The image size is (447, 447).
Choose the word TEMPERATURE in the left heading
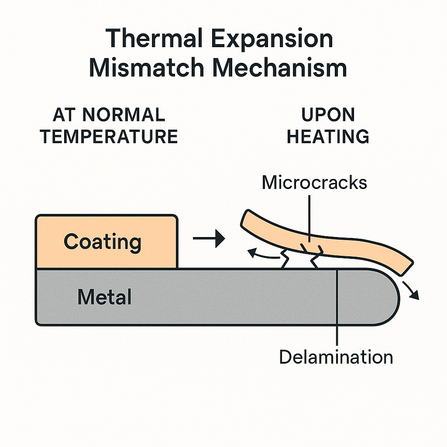pos(109,137)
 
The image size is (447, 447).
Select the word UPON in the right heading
pos(328,115)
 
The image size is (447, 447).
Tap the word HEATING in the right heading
pos(328,137)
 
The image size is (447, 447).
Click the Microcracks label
pos(314,182)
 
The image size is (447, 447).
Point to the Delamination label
pos(336,357)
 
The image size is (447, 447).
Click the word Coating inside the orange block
pos(103,241)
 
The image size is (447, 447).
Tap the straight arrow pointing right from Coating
pos(209,239)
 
